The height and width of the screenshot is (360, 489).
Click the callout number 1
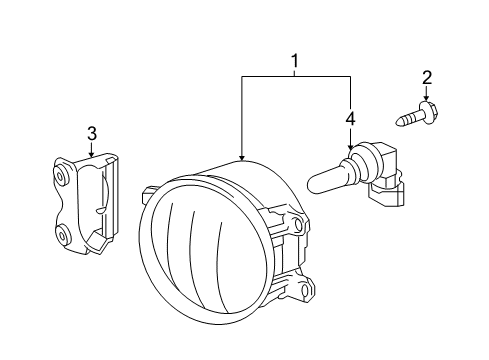coord(294,61)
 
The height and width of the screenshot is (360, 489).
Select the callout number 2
coord(427,78)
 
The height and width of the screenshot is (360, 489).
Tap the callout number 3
coord(92,133)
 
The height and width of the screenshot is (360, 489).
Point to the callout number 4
coord(350,119)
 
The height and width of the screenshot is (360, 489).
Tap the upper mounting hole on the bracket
coord(61,176)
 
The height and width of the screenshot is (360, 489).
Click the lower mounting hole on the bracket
coord(62,236)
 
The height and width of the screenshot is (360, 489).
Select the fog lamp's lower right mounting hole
coord(306,290)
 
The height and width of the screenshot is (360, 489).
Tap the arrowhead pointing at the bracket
coord(92,154)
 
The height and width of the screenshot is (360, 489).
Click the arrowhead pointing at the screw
coord(426,98)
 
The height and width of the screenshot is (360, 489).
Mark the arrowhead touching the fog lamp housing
coord(242,158)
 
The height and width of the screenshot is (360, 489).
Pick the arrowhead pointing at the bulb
coord(350,147)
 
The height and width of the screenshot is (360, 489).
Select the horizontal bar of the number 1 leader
coord(296,77)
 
